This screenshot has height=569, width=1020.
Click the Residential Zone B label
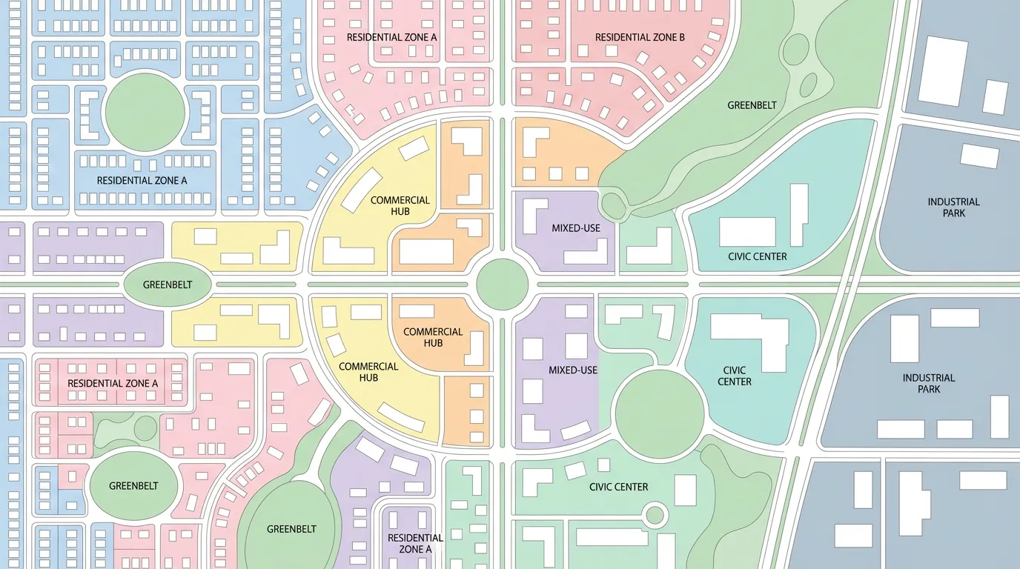(640, 37)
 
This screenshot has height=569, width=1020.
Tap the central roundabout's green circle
(503, 284)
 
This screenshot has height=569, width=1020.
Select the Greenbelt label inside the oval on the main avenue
(168, 284)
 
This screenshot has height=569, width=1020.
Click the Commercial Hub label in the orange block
(433, 337)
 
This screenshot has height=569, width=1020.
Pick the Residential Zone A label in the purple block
(415, 543)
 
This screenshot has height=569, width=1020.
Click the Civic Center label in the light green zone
(618, 487)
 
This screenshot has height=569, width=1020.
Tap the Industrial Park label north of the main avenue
(953, 207)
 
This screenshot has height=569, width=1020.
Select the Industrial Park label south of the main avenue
(928, 383)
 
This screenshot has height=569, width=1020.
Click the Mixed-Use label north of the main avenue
(576, 228)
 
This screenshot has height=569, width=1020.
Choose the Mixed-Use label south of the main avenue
(573, 370)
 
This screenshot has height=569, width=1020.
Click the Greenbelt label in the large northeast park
(752, 105)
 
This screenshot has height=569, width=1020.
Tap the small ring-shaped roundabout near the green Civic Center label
(655, 513)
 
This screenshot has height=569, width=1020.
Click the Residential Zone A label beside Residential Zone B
(392, 37)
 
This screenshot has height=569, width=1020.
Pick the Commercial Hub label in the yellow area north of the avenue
(400, 206)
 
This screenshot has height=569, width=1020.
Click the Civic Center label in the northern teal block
(757, 256)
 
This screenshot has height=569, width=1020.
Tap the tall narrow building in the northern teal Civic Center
(798, 215)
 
